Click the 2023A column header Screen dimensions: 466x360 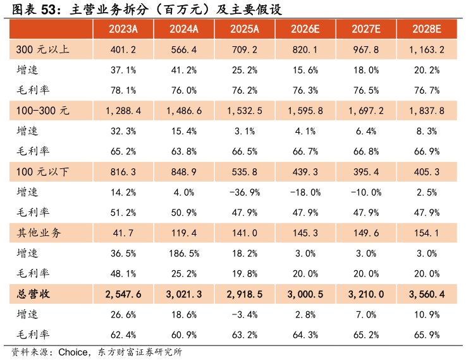pyautogui.click(x=123, y=29)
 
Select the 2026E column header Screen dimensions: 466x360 pyautogui.click(x=305, y=29)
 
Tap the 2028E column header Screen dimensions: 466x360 pyautogui.click(x=426, y=29)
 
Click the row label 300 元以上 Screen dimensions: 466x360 pyautogui.click(x=42, y=49)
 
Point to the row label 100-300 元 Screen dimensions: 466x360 pyautogui.click(x=42, y=111)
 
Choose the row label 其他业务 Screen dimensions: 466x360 pyautogui.click(x=39, y=233)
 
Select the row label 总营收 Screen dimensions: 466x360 pyautogui.click(x=34, y=294)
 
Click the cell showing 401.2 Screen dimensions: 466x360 pyautogui.click(x=123, y=49)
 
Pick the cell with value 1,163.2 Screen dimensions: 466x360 pyautogui.click(x=426, y=49)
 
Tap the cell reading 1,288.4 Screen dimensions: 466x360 pyautogui.click(x=123, y=111)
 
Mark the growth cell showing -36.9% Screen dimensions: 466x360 pyautogui.click(x=245, y=192)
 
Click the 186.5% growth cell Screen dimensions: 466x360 pyautogui.click(x=184, y=254)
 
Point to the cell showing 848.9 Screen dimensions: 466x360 pyautogui.click(x=183, y=172)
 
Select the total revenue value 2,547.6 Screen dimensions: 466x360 pyautogui.click(x=123, y=294)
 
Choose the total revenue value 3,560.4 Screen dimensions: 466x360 pyautogui.click(x=426, y=294)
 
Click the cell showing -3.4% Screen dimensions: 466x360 pyautogui.click(x=245, y=314)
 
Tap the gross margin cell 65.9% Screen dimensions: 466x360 pyautogui.click(x=426, y=335)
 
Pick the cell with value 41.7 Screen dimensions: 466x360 pyautogui.click(x=123, y=233)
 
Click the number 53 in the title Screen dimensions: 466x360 pyautogui.click(x=49, y=10)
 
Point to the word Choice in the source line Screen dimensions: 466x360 pyautogui.click(x=73, y=352)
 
